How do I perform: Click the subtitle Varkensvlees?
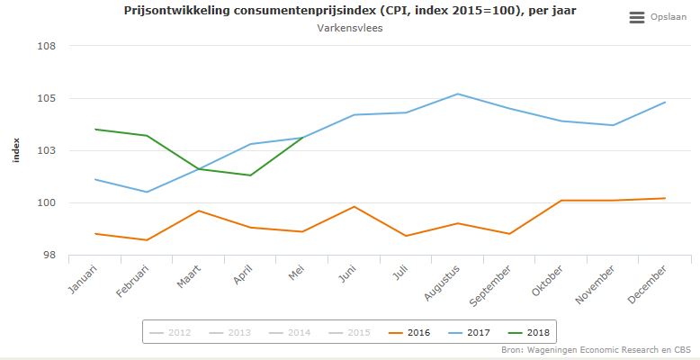(x=349, y=29)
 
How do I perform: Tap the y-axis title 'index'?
(x=15, y=150)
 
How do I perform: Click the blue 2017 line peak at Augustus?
(x=458, y=94)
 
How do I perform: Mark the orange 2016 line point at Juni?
(x=354, y=207)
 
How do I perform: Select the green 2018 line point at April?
(x=250, y=175)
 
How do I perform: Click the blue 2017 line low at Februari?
(x=147, y=192)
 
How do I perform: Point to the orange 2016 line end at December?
(x=665, y=198)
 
